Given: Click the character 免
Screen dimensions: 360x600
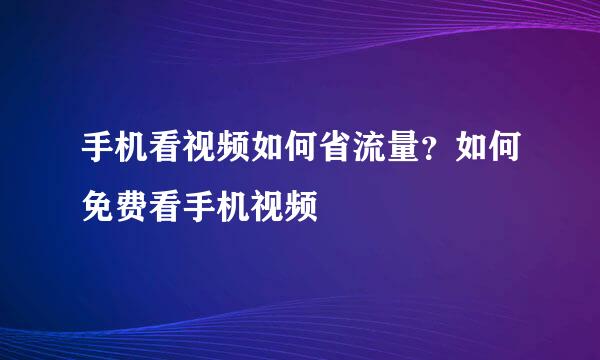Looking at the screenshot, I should [x=98, y=207].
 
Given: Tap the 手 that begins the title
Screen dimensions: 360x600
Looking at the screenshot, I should [x=98, y=153].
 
